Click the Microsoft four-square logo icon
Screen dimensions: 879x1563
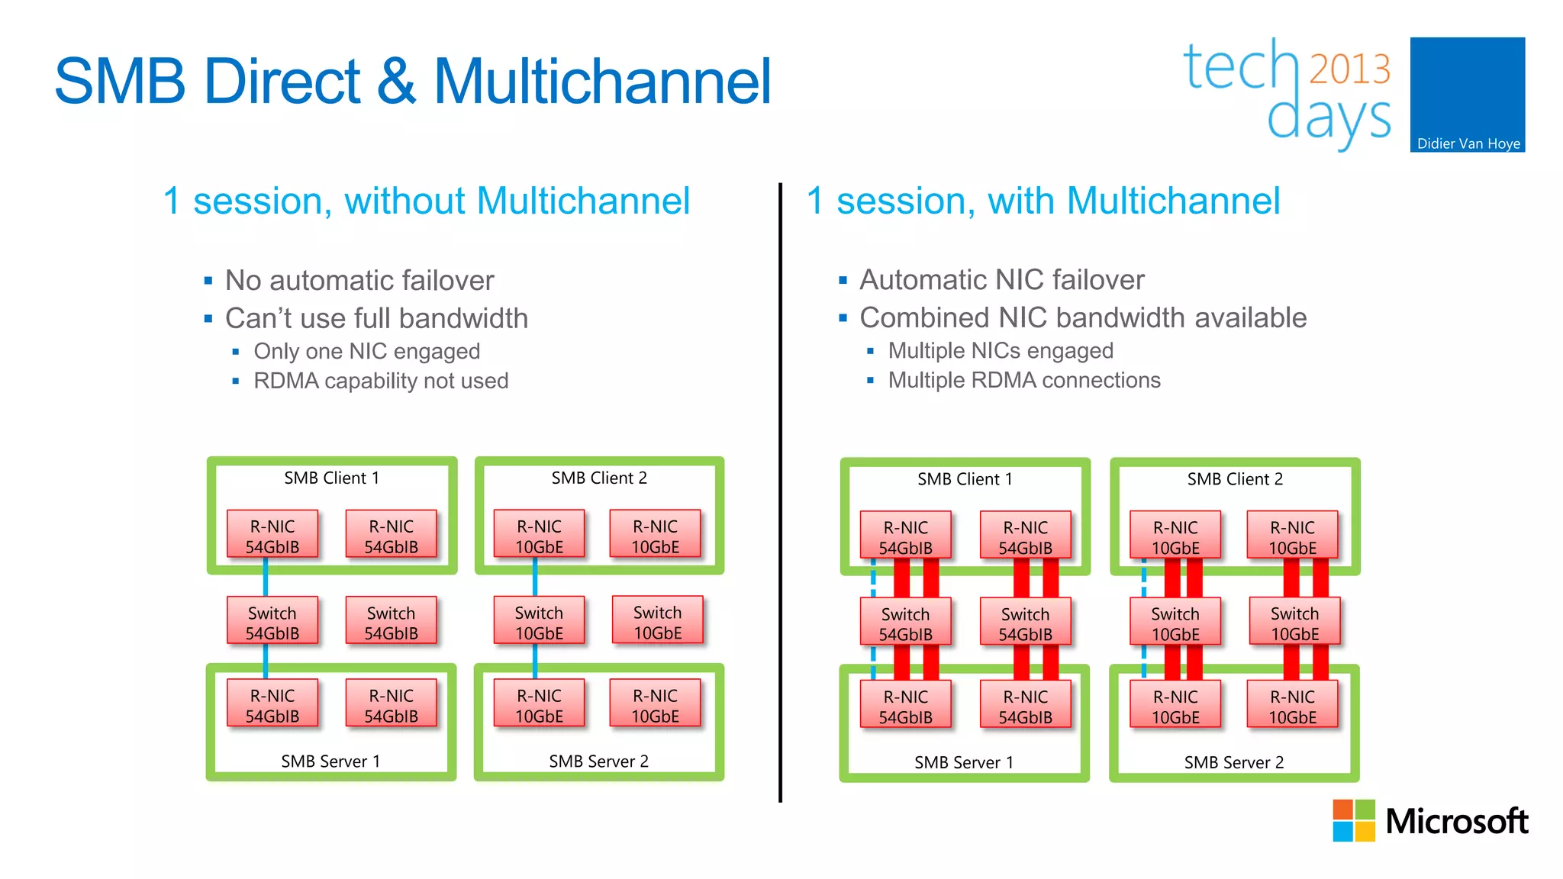pos(1353,820)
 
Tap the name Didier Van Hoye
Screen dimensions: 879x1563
pos(1468,143)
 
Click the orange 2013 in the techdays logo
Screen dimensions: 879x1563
pos(1349,69)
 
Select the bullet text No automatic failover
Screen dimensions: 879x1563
pos(359,281)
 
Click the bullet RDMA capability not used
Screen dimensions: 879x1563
pos(380,381)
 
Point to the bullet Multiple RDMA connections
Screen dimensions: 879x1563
pos(1023,380)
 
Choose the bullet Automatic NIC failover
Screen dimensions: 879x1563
pos(1001,280)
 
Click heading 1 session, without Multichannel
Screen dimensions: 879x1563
pos(426,201)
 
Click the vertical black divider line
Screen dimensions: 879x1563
pos(780,488)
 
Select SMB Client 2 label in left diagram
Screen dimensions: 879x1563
pos(599,478)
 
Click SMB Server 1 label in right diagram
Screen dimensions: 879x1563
pos(964,762)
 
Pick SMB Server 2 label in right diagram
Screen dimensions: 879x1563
pos(1233,762)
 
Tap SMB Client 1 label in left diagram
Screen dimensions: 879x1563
pos(331,478)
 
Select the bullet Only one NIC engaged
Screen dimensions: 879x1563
pos(366,351)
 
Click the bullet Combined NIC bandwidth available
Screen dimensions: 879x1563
pos(1082,317)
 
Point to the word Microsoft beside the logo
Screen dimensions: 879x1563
pos(1456,822)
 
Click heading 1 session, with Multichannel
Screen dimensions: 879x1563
pos(1043,201)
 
